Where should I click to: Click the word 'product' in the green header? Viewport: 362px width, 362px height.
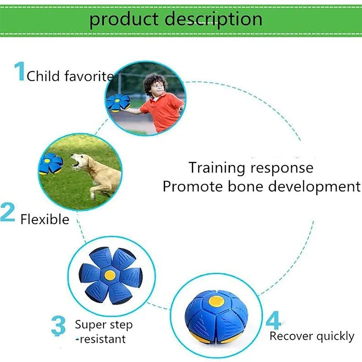pyautogui.click(x=124, y=19)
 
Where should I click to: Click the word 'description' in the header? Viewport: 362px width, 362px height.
pyautogui.click(x=213, y=19)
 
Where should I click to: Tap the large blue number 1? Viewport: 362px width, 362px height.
pyautogui.click(x=19, y=72)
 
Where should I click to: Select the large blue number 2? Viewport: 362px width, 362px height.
pyautogui.click(x=8, y=213)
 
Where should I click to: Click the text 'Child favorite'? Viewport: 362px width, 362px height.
pyautogui.click(x=70, y=76)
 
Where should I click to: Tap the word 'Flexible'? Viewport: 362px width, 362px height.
pyautogui.click(x=45, y=219)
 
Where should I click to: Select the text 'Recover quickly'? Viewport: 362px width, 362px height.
pyautogui.click(x=312, y=336)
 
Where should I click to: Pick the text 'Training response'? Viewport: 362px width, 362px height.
pyautogui.click(x=251, y=167)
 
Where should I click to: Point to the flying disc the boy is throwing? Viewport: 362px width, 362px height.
pyautogui.click(x=118, y=103)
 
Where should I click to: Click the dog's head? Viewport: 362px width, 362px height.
pyautogui.click(x=81, y=161)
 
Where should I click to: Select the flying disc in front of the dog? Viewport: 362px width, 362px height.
pyautogui.click(x=51, y=163)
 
